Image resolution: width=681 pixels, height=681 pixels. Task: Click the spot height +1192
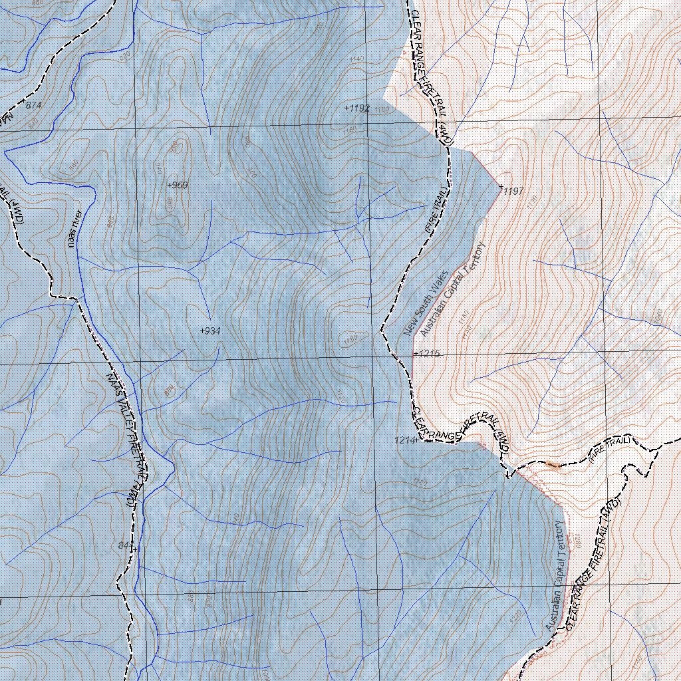click(x=357, y=108)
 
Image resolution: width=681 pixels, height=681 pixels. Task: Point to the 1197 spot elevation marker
click(x=512, y=191)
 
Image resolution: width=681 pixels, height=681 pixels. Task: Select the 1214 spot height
click(x=404, y=440)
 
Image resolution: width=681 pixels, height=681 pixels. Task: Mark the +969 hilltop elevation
click(x=179, y=184)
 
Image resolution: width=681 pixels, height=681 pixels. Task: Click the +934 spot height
click(x=210, y=331)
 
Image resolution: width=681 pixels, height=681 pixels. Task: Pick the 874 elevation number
click(x=33, y=105)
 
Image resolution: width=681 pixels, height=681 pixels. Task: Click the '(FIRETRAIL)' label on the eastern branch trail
click(x=609, y=448)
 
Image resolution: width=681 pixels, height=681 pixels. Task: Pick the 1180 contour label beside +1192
click(x=382, y=110)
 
